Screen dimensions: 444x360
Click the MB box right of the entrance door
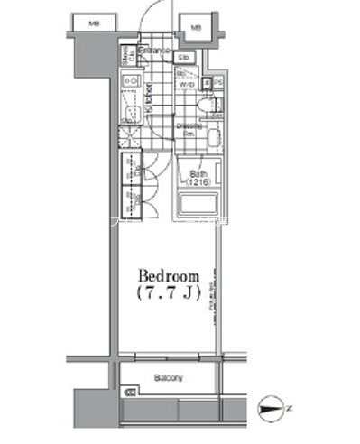coord(194,30)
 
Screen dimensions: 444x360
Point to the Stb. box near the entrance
coord(183,60)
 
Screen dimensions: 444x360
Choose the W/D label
coord(188,85)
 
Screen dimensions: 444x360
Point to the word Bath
coord(198,173)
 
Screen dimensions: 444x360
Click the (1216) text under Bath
coord(198,182)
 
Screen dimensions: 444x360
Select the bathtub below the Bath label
coord(198,202)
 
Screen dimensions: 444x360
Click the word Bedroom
coord(166,275)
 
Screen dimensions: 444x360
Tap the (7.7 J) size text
coord(166,293)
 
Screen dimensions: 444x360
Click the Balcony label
coord(168,378)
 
